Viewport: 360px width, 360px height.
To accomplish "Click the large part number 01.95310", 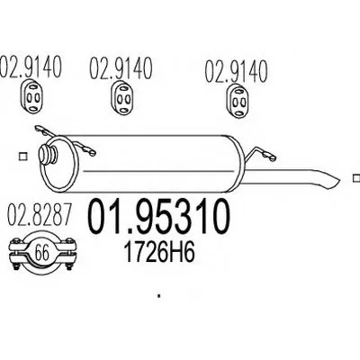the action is tap(158, 217).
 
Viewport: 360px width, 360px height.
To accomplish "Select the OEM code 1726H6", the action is tap(159, 252).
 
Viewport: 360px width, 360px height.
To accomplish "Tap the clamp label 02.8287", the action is tap(40, 214).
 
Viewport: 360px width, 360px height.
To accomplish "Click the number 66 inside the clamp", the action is tap(41, 253).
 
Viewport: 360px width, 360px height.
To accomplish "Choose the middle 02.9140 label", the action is tap(121, 68).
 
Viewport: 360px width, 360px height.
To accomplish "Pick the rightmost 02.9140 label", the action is tap(236, 71).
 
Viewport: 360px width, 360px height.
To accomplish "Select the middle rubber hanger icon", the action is tap(122, 97).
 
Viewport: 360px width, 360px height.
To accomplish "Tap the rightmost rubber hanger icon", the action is tap(237, 102).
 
